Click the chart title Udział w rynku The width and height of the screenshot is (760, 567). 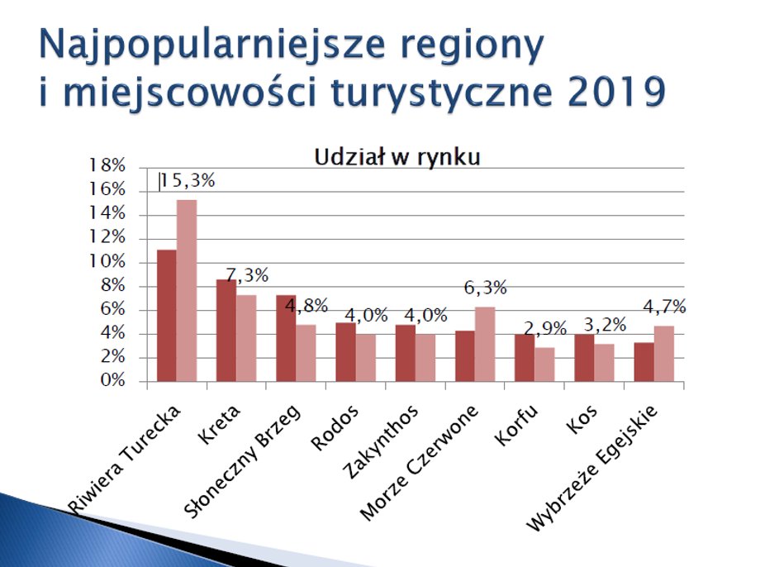397,158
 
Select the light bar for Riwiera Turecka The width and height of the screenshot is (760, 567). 187,291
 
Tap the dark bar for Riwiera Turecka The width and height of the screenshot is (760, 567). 167,315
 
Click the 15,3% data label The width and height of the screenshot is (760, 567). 188,181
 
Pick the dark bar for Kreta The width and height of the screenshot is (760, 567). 226,331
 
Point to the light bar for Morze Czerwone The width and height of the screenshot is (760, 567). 485,344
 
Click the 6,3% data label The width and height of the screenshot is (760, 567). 485,288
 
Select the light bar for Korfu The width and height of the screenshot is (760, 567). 544,364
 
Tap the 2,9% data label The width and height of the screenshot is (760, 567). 545,329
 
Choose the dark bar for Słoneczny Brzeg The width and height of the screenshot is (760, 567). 286,338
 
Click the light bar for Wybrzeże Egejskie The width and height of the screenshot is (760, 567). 664,354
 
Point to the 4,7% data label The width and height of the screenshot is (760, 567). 664,307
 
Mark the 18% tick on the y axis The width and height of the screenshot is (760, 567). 107,166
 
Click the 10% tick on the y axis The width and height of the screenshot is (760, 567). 107,262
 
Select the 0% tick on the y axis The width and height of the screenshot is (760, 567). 112,380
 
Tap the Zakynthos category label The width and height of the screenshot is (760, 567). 380,441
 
